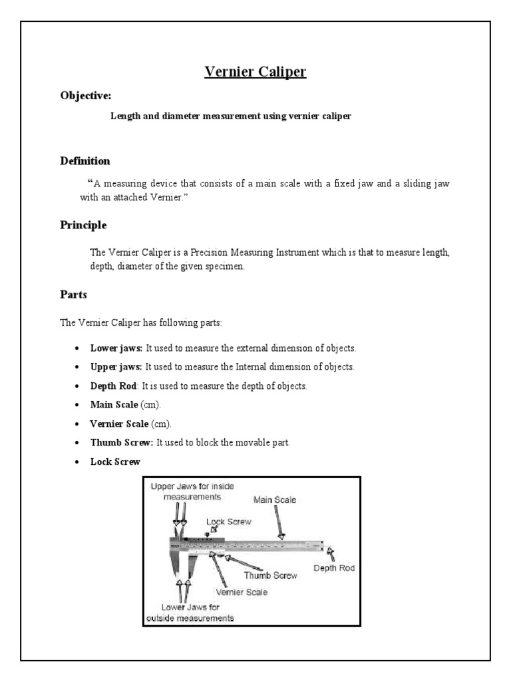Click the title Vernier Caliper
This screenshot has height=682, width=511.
[255, 72]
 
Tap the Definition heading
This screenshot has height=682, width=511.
[85, 161]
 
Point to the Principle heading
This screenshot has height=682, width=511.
[83, 225]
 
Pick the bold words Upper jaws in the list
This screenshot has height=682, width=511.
[116, 367]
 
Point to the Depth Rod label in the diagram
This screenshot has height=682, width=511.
[335, 568]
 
